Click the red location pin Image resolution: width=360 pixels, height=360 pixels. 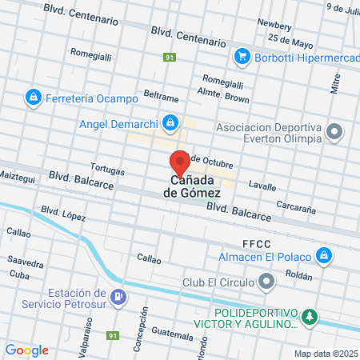tap(180, 162)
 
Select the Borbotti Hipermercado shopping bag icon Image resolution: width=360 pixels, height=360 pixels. tap(241, 57)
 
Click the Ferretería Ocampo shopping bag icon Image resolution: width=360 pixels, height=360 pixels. tap(32, 98)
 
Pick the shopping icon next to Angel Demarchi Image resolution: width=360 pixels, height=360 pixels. tap(170, 123)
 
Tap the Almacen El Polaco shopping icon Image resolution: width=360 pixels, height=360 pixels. tap(324, 256)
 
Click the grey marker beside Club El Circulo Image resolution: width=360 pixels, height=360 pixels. tap(267, 282)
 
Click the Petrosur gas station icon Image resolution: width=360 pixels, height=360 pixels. tap(118, 298)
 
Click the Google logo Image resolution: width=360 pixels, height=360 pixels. tap(26, 350)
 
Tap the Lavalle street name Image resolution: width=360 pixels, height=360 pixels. tap(262, 185)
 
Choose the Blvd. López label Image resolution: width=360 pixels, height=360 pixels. tap(62, 214)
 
